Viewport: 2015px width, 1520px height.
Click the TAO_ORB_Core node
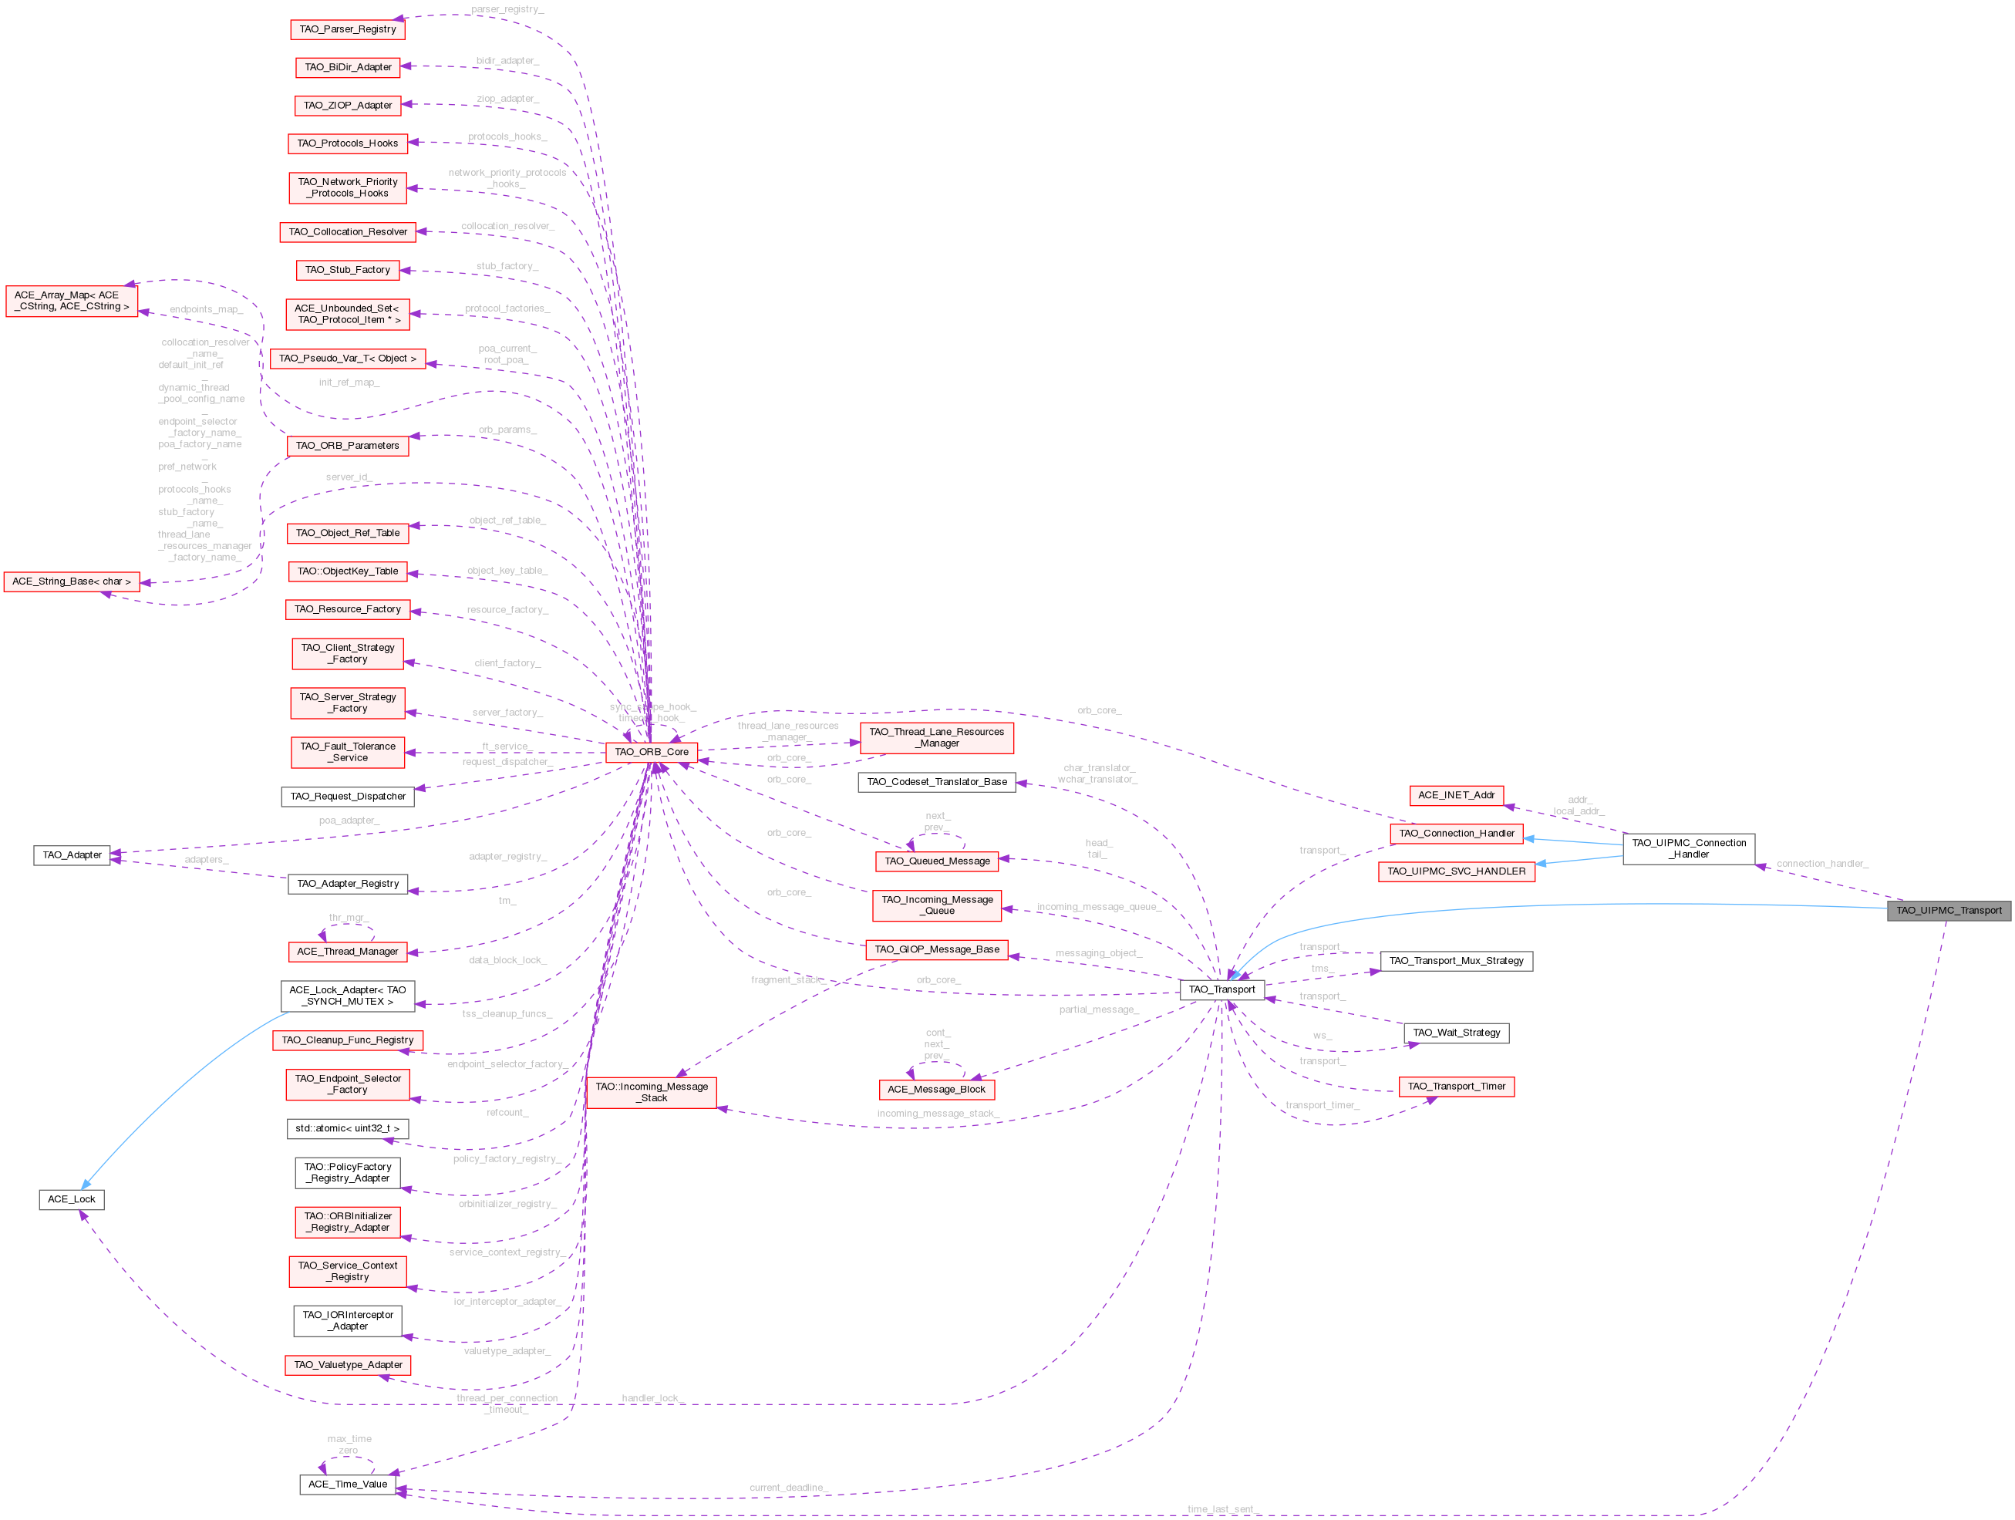652,752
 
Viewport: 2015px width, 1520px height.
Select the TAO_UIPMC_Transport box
1949,911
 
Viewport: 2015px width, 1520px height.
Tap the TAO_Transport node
1221,990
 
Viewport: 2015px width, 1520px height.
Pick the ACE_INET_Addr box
1456,795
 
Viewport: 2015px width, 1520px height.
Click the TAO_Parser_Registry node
347,29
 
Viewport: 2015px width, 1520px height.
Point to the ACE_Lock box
71,1199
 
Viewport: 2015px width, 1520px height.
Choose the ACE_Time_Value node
347,1485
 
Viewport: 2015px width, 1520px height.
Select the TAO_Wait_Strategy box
1456,1033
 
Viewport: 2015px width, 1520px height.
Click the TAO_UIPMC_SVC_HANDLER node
1456,871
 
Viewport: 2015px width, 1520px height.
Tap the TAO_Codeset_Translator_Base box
936,782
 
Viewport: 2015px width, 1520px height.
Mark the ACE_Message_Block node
936,1089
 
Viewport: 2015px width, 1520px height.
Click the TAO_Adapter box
72,855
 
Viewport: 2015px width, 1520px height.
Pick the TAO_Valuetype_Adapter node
347,1365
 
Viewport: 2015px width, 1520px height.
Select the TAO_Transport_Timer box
1456,1087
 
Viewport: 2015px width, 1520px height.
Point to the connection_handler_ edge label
1821,864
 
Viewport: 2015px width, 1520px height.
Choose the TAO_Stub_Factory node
347,270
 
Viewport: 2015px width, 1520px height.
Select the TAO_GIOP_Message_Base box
936,950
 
